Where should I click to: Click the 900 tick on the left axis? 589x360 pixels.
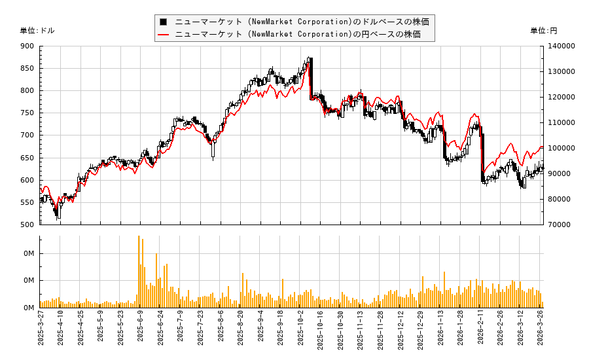click(x=27, y=46)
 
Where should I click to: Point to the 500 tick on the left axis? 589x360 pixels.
click(x=27, y=225)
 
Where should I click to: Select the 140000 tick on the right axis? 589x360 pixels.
click(x=562, y=46)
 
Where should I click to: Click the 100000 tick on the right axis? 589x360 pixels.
click(x=562, y=148)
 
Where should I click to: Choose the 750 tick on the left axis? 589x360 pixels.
click(x=27, y=113)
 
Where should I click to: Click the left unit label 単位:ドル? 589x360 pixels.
click(x=37, y=31)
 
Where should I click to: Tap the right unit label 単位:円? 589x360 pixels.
click(x=544, y=31)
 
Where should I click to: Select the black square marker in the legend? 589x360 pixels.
click(x=164, y=22)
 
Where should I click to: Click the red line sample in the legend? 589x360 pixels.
click(x=164, y=34)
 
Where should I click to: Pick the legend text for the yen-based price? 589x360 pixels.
click(x=298, y=34)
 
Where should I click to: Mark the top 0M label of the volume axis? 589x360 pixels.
click(x=29, y=253)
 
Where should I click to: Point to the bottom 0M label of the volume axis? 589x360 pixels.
click(x=29, y=308)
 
